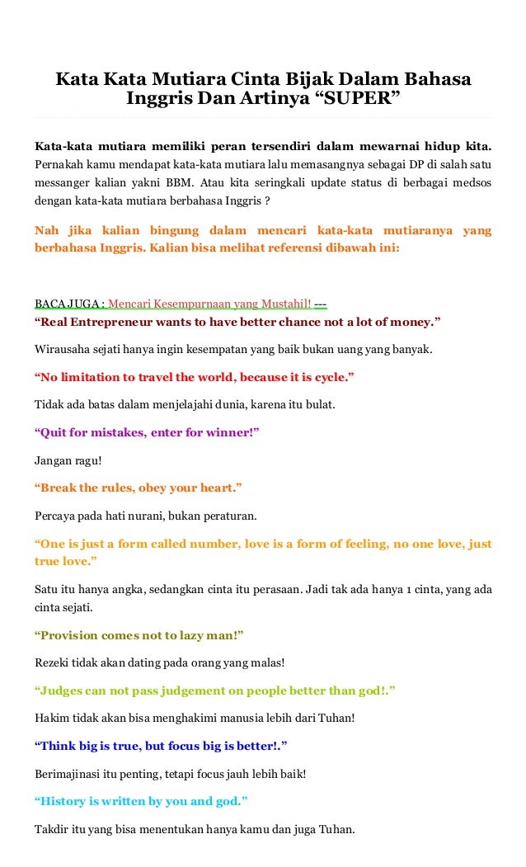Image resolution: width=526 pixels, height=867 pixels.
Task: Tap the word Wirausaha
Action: pos(63,349)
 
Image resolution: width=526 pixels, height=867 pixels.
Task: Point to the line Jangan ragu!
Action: pos(62,461)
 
